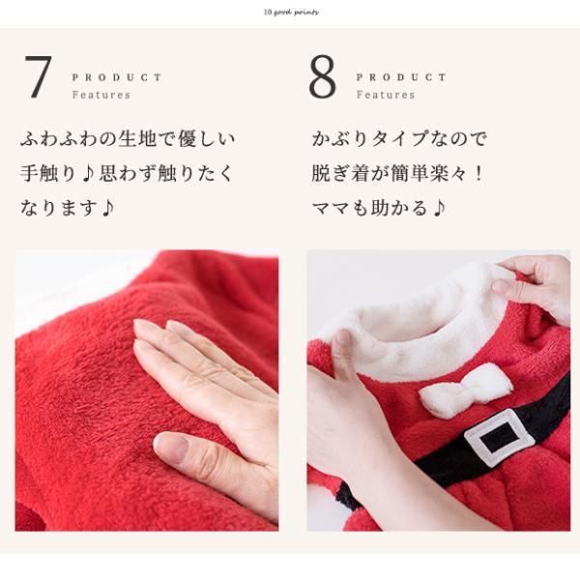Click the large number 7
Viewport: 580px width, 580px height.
pos(38,78)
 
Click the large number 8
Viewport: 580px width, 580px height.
pos(323,78)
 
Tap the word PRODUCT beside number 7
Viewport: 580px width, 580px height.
pos(117,77)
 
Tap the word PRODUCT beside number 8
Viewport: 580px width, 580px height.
pos(401,77)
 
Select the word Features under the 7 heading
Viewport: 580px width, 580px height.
pos(101,96)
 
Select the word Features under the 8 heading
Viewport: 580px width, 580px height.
pos(386,96)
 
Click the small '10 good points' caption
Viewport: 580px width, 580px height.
pos(290,13)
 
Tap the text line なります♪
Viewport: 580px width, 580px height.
pos(67,208)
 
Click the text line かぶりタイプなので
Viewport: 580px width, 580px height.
pos(398,138)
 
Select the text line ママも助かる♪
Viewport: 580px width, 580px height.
pos(377,208)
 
